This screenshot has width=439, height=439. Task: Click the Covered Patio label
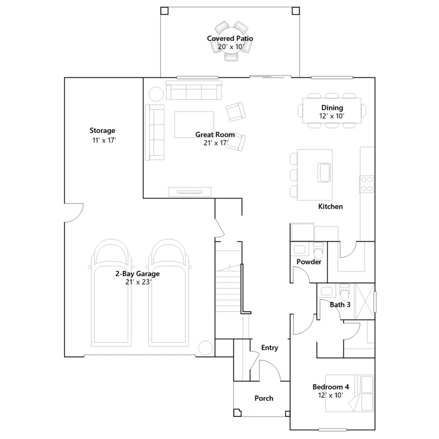230,38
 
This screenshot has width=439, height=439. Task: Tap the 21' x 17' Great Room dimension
216,143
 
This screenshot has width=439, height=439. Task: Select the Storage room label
102,131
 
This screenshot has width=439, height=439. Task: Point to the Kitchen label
330,207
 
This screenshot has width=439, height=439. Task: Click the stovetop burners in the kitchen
367,184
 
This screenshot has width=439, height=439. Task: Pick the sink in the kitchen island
324,173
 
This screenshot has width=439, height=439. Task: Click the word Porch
264,398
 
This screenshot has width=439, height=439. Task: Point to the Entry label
270,348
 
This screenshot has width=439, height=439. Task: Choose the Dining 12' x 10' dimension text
332,116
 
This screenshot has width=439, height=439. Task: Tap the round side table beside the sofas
156,94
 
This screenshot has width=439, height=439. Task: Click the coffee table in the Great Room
194,125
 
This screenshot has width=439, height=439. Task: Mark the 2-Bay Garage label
137,274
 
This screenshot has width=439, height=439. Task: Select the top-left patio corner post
164,11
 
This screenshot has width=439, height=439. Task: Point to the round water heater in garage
206,348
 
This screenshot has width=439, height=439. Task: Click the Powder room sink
299,249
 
